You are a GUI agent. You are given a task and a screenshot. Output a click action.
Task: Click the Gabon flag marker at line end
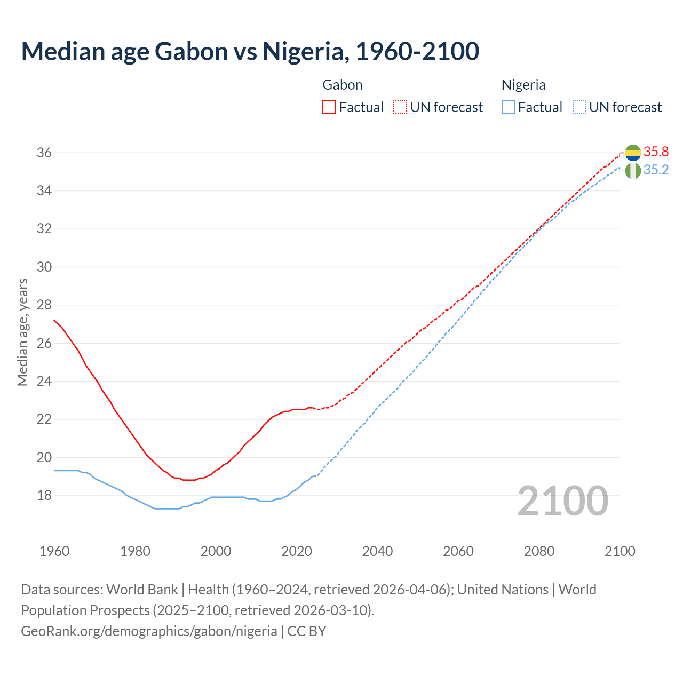point(633,153)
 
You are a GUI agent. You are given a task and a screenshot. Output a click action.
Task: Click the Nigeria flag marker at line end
point(633,171)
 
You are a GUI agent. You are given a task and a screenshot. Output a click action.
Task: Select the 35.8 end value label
point(656,152)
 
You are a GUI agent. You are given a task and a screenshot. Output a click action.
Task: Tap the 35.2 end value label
point(656,170)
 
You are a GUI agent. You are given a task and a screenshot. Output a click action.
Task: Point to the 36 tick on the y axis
point(44,153)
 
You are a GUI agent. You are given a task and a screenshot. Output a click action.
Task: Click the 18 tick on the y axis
point(44,496)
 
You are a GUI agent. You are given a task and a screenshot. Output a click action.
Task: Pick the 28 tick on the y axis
point(44,305)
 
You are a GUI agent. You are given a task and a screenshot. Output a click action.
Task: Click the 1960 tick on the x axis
point(54,551)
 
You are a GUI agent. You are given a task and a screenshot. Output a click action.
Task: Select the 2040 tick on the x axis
point(377,551)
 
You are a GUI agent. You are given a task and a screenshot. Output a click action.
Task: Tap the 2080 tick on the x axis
point(539,551)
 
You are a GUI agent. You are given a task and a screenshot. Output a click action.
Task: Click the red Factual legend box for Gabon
point(329,107)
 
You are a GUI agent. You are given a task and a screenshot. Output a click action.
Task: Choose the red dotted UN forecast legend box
point(400,107)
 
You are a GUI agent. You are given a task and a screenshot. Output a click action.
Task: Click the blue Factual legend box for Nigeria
point(509,107)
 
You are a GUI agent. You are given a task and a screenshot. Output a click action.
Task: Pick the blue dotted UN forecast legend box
point(579,107)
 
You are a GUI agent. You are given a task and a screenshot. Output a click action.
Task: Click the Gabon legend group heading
point(343,85)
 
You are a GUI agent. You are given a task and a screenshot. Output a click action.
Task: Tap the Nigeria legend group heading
point(523,85)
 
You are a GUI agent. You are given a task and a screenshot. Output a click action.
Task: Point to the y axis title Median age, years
point(22,332)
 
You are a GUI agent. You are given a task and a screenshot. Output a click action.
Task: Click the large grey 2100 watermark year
point(563,501)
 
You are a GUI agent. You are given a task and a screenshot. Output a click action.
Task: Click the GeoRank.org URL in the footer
point(149,631)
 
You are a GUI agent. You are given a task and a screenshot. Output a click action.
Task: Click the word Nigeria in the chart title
point(303,51)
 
